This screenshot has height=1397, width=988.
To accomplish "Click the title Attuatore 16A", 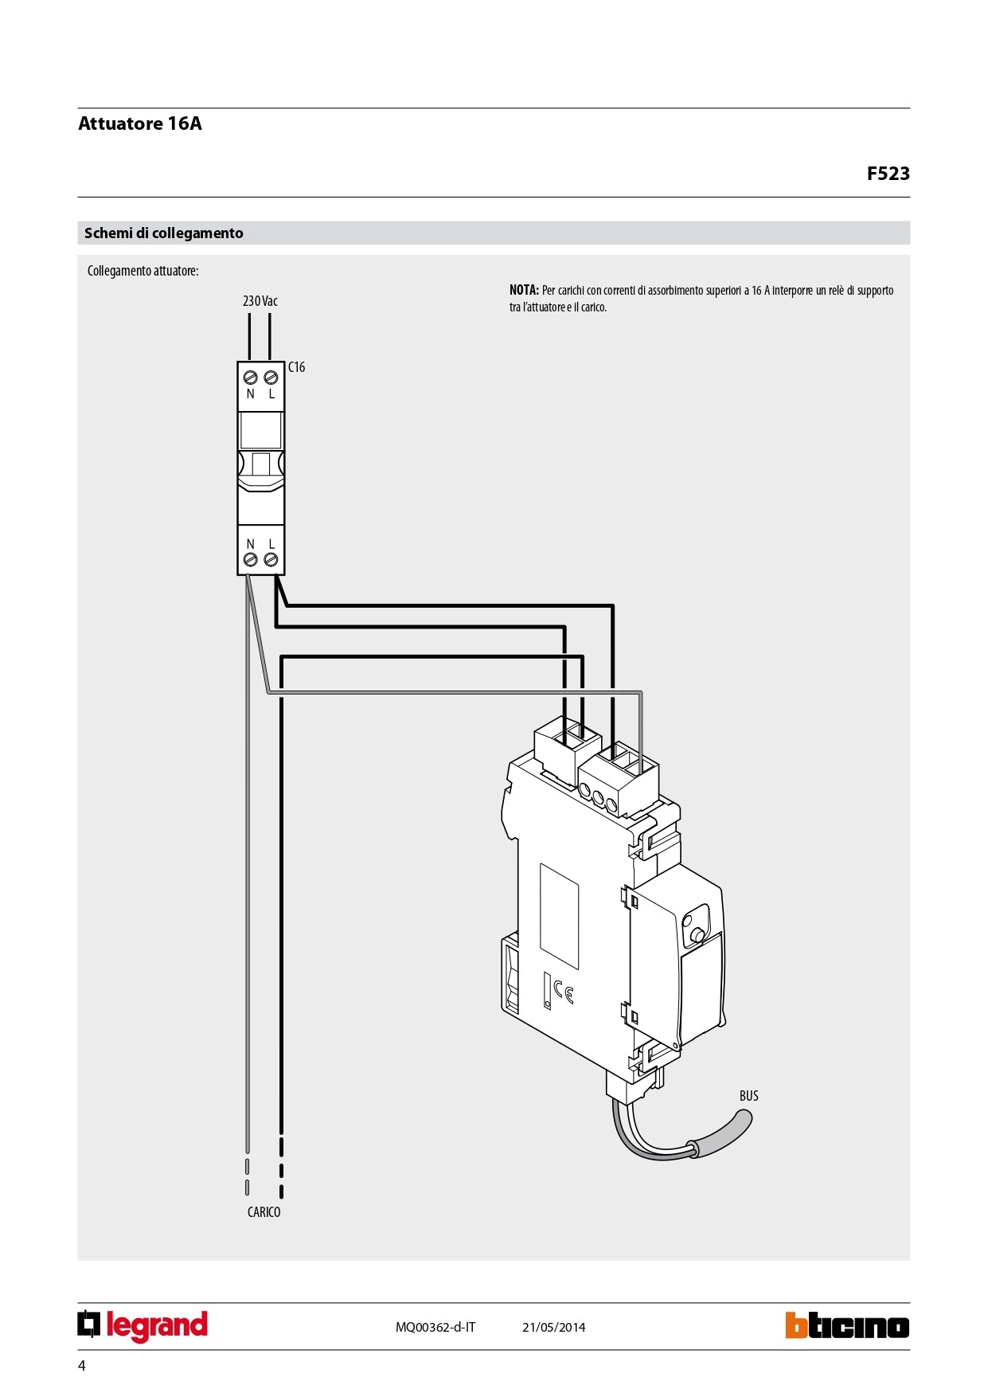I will tap(140, 123).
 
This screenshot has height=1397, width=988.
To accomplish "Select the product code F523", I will tap(888, 174).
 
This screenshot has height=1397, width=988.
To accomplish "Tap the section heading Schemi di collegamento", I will tap(164, 233).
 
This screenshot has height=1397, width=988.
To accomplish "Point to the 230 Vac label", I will tap(260, 301).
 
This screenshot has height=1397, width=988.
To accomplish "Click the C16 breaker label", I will tap(296, 367).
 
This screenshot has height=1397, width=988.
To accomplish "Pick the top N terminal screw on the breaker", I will tap(250, 378).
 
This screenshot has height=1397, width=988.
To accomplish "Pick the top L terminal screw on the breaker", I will tap(271, 378).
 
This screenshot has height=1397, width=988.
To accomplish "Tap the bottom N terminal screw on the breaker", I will tap(250, 560).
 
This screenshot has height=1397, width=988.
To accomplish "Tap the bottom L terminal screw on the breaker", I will tap(271, 560).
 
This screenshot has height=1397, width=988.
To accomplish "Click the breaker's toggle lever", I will tap(260, 466).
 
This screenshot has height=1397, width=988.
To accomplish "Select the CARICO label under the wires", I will tap(264, 1212).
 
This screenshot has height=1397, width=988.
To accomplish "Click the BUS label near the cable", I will tap(748, 1096).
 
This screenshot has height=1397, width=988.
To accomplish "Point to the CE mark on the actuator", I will tap(564, 992).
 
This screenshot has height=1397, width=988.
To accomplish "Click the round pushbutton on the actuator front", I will tap(697, 934).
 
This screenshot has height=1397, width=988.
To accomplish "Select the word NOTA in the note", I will tap(524, 291).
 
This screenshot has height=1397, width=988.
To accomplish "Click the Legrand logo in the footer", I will tap(143, 1326).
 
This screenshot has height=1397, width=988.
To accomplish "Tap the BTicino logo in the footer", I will tap(846, 1326).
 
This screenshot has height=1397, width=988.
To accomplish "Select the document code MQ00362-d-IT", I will tap(435, 1327).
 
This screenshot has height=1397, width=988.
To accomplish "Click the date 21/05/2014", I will tap(553, 1327).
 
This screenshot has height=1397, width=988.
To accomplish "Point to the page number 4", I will tap(81, 1366).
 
